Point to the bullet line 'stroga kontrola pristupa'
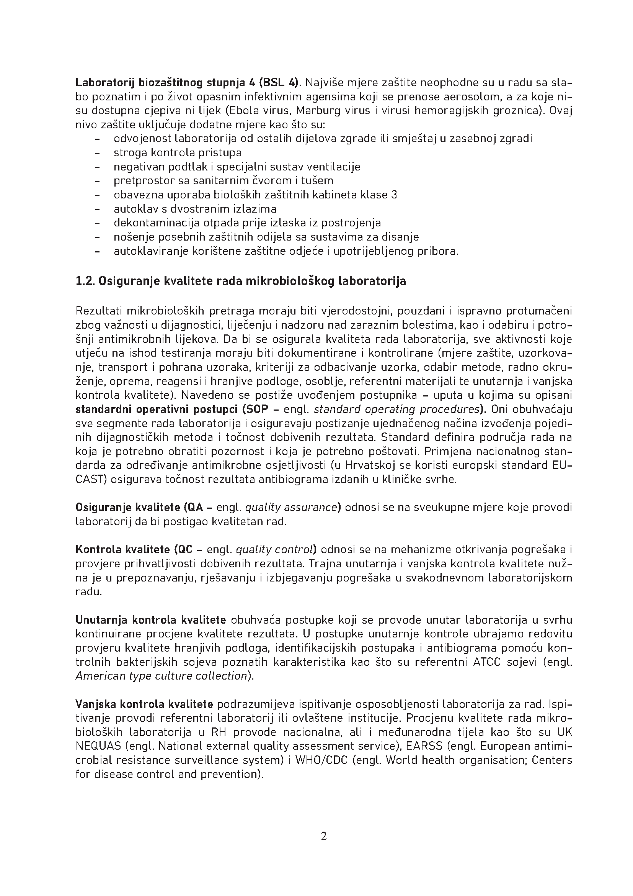tap(177, 152)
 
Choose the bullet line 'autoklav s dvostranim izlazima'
tap(195, 209)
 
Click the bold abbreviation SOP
tap(256, 410)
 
